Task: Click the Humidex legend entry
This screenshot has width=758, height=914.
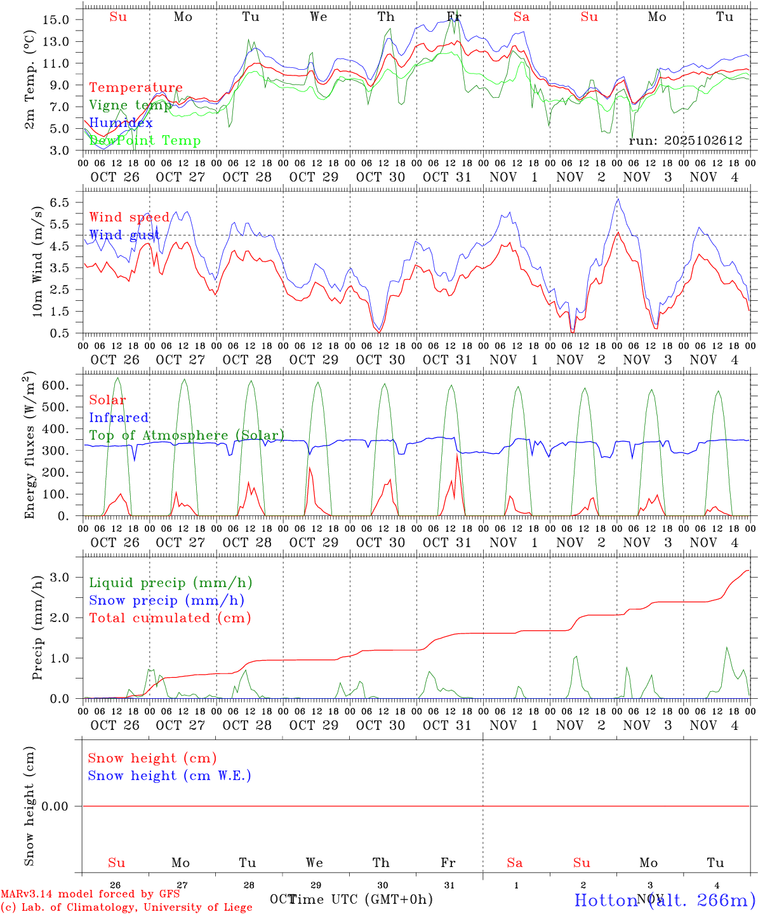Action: pyautogui.click(x=121, y=123)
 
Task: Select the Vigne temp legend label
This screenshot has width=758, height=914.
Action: pyautogui.click(x=130, y=105)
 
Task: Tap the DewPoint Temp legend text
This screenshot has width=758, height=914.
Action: pyautogui.click(x=145, y=141)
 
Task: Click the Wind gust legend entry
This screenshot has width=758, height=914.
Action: pyautogui.click(x=124, y=235)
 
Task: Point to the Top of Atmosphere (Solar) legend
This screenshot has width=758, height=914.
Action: pyautogui.click(x=187, y=435)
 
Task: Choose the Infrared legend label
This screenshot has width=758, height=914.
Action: pyautogui.click(x=119, y=418)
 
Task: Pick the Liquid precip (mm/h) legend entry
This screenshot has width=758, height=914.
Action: pyautogui.click(x=171, y=583)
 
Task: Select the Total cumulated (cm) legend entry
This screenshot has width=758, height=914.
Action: pyautogui.click(x=170, y=618)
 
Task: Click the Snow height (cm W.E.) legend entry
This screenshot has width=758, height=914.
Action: pyautogui.click(x=170, y=776)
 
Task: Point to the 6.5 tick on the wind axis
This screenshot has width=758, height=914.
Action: pyautogui.click(x=60, y=202)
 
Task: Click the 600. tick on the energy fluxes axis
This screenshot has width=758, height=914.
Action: pyautogui.click(x=55, y=385)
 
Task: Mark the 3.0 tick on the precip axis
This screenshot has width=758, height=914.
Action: pyautogui.click(x=60, y=577)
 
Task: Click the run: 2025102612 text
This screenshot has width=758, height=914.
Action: pyautogui.click(x=685, y=141)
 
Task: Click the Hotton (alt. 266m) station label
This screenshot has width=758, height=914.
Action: pyautogui.click(x=665, y=899)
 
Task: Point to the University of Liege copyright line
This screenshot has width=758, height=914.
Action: pyautogui.click(x=126, y=907)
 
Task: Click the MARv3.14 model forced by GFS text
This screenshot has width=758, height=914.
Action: pyautogui.click(x=90, y=894)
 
